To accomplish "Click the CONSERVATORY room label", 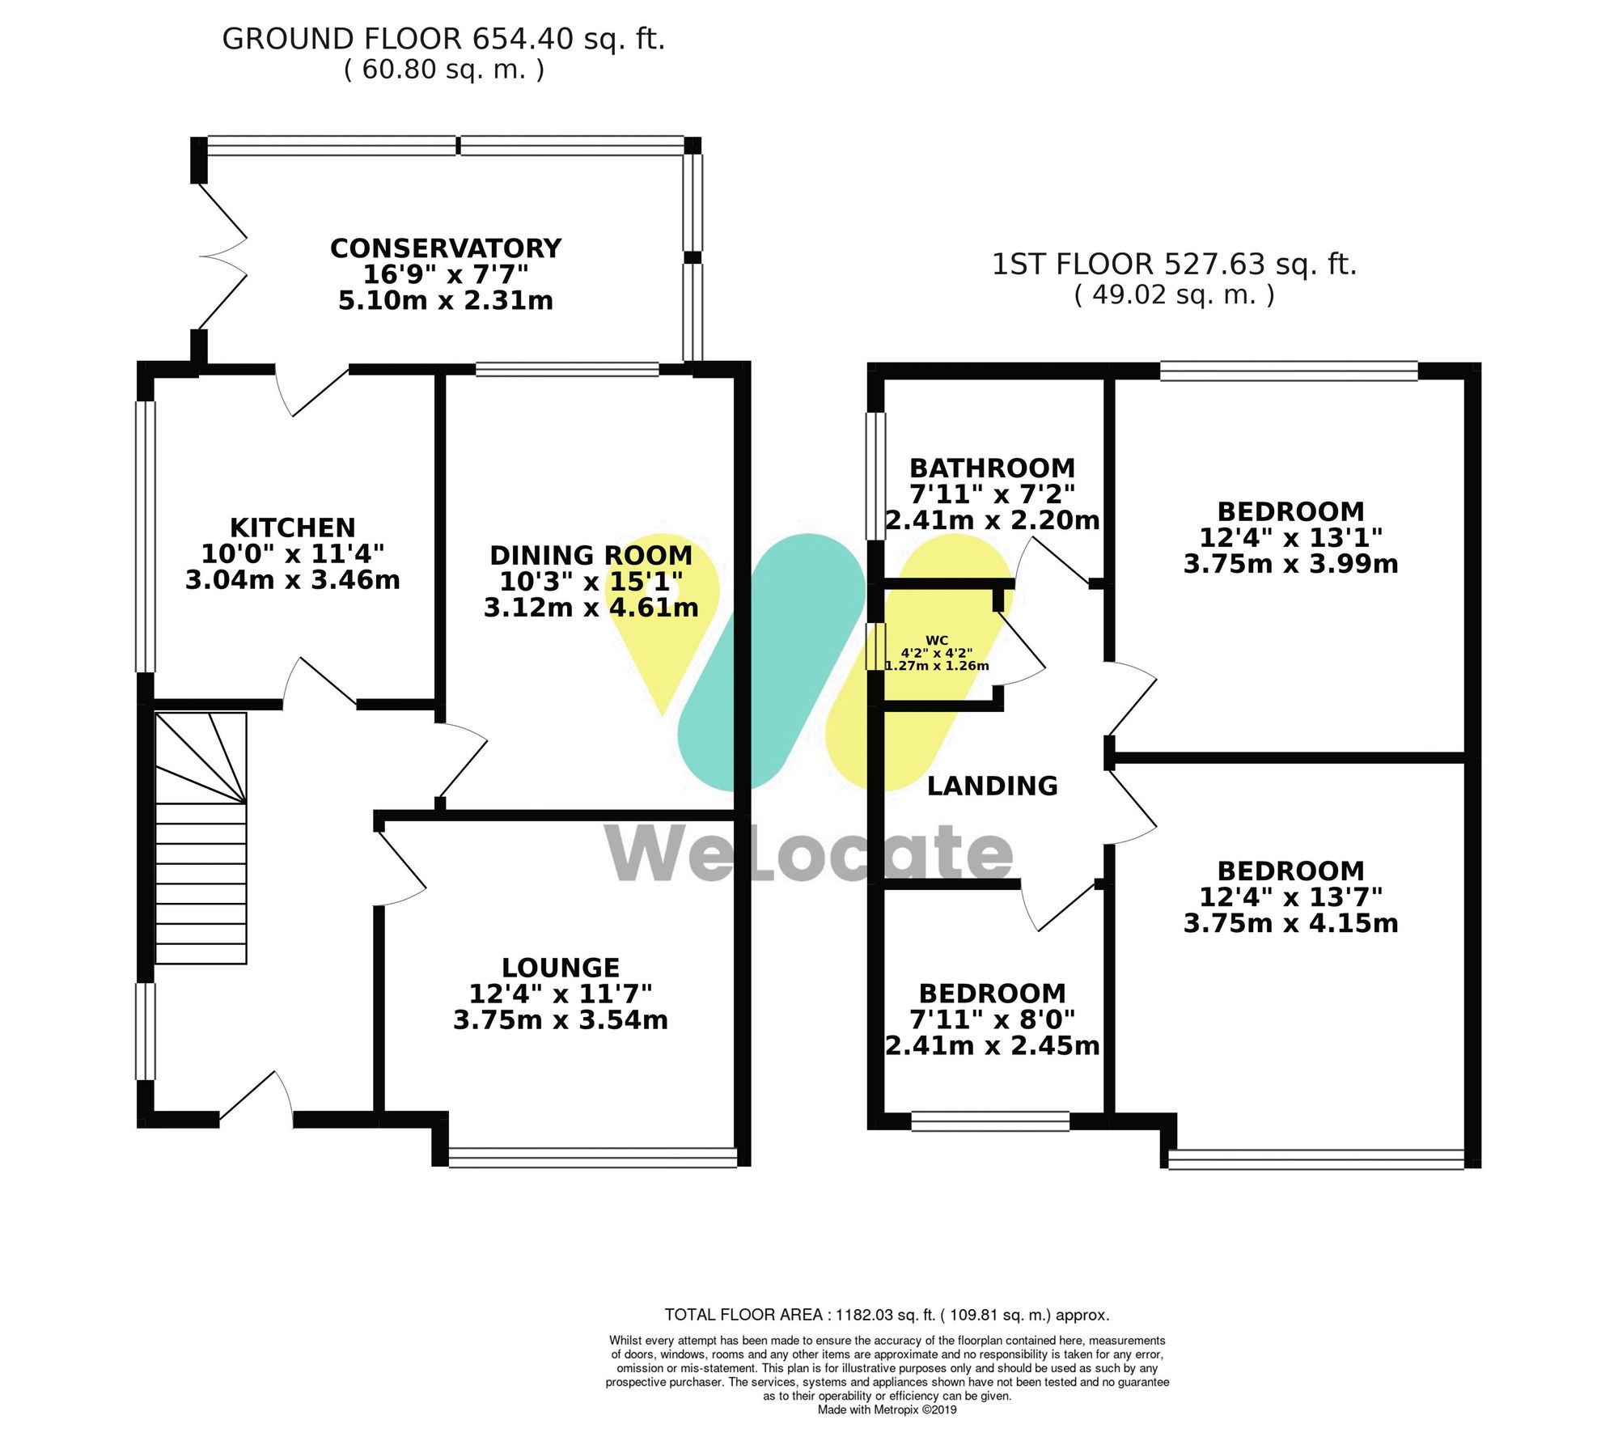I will point(445,248).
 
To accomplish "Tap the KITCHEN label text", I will point(293,528).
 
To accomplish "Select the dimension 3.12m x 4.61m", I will point(591,608).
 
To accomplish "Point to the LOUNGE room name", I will point(560,968).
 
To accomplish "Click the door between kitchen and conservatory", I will point(314,390).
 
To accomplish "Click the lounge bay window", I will point(592,1158).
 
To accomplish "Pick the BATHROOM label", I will point(992,468).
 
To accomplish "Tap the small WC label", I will point(937,640).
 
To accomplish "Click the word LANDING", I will point(992,786).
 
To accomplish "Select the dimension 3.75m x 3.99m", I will point(1290,564).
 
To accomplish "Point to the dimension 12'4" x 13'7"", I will point(1290,897).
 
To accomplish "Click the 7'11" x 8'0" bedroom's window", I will point(990,1121).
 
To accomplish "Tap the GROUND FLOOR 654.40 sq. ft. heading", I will point(443,39).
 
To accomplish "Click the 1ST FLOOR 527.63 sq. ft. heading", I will point(1174,265).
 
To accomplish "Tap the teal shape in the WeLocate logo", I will point(770,662).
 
